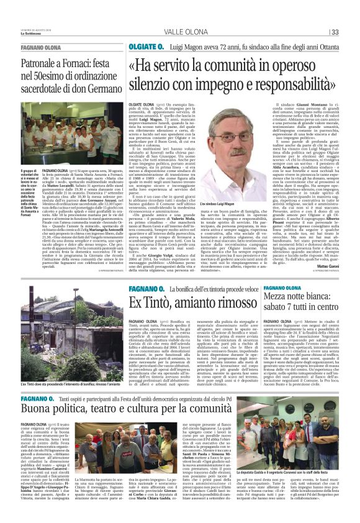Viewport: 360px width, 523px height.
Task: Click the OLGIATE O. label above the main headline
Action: point(146,47)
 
